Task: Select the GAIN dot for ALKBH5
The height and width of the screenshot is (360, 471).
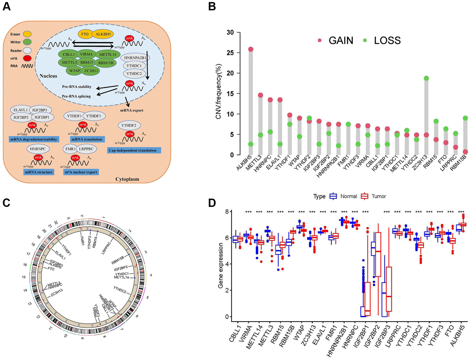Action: pyautogui.click(x=251, y=49)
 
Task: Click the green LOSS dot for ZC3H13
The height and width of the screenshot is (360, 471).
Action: pyautogui.click(x=426, y=78)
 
